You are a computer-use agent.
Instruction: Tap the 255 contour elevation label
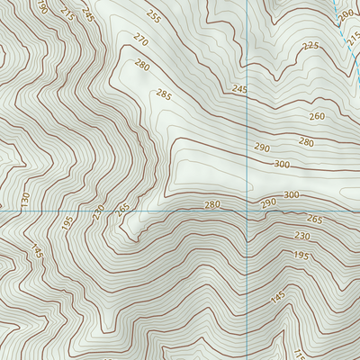point(153,17)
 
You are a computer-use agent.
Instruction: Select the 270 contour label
point(139,40)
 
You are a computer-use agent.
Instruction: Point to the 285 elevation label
point(163,94)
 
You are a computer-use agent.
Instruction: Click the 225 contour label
point(310,46)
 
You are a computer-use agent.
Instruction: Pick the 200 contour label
point(346,16)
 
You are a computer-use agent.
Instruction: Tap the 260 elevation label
point(317,117)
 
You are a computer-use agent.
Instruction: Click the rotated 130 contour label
point(25,199)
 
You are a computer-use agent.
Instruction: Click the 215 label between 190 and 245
point(67,13)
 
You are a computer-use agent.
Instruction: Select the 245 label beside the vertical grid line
point(238,89)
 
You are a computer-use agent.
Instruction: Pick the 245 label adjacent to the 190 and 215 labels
point(87,14)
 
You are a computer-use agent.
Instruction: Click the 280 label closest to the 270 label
point(141,65)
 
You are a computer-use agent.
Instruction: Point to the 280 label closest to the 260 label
point(306,142)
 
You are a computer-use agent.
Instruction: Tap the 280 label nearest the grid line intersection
point(211,205)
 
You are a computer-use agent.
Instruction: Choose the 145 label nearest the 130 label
point(37,252)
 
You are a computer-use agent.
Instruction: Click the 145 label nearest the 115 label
point(278,295)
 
